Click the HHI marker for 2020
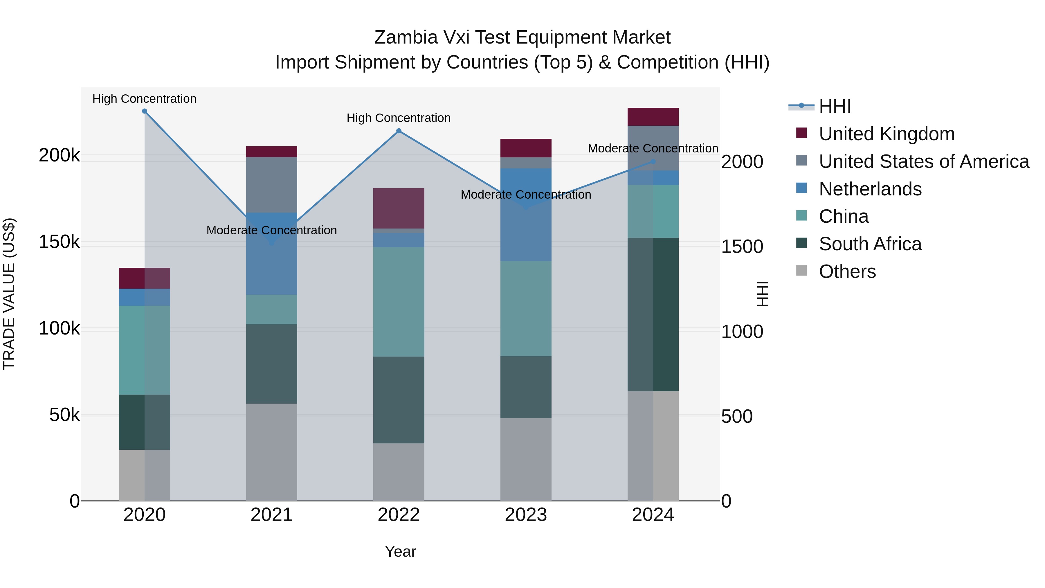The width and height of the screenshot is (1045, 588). coord(145,111)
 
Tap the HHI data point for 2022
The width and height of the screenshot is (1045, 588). coord(399,131)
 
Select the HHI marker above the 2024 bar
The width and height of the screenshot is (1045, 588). coord(653,161)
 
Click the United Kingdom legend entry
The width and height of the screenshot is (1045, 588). coord(887,134)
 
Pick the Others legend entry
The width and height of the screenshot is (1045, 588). coord(847,271)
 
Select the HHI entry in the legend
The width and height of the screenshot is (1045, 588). coord(835,106)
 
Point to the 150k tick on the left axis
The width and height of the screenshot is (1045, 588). coord(59,242)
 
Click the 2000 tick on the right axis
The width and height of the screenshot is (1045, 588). coord(742,162)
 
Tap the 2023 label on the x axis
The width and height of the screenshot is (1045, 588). coord(526,515)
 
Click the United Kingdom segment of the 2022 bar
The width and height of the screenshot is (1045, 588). coord(399,208)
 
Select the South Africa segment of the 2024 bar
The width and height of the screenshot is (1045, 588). coord(653,314)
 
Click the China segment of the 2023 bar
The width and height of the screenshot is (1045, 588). coord(526,308)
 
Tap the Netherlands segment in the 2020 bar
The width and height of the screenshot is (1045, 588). coord(145,297)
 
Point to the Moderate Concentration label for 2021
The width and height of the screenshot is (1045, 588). coord(271,230)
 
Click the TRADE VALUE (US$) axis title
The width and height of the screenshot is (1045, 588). coord(9,294)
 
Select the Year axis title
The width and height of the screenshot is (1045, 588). coord(400,551)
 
